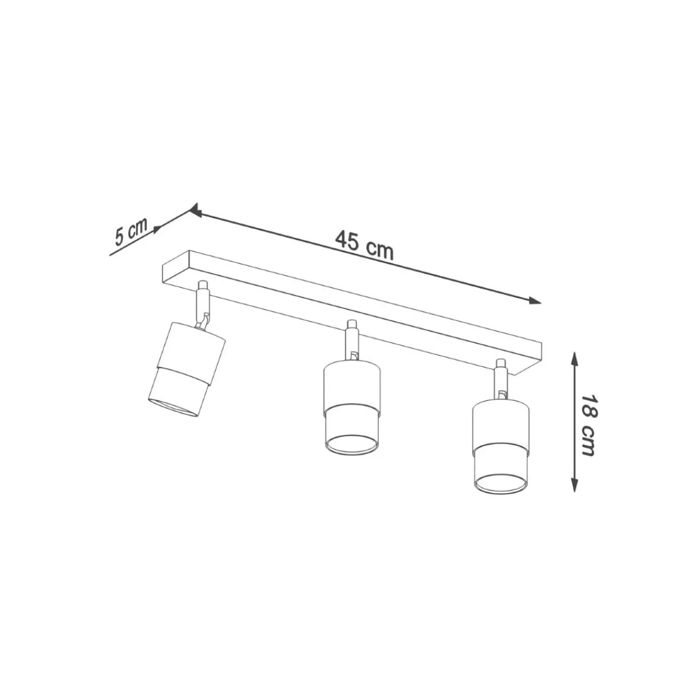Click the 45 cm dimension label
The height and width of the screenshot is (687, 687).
pyautogui.click(x=364, y=246)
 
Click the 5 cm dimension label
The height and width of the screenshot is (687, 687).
pyautogui.click(x=131, y=232)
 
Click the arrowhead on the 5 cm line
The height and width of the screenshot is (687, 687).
pyautogui.click(x=156, y=230)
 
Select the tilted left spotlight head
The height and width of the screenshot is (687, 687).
pyautogui.click(x=187, y=370)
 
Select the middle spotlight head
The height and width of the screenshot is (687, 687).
pyautogui.click(x=352, y=410)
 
